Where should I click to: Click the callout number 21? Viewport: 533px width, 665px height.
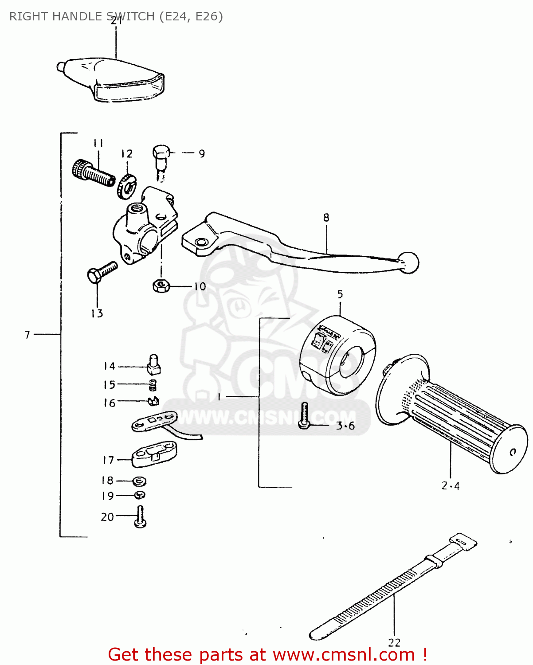point(116,21)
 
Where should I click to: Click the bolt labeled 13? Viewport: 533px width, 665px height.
point(102,272)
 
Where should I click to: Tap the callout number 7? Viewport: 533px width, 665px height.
point(27,335)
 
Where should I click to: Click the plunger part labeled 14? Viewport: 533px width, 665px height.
point(153,364)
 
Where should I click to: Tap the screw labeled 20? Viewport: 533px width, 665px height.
point(140,517)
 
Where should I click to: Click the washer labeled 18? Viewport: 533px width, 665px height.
point(140,481)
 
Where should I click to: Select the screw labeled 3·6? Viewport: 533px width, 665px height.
point(304,415)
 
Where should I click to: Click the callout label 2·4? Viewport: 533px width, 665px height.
point(451,486)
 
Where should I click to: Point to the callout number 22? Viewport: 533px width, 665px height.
point(394,642)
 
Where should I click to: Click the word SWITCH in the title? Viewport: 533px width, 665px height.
point(130,17)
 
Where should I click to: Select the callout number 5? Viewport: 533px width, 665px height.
point(340,294)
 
